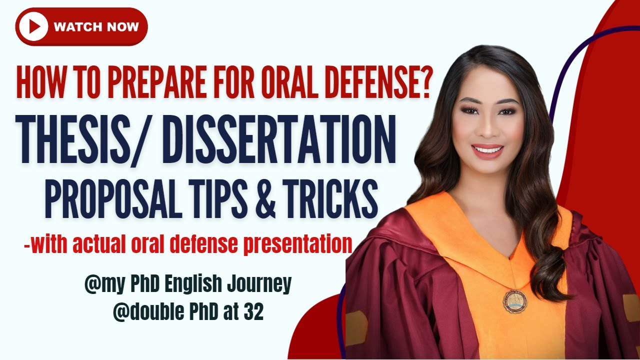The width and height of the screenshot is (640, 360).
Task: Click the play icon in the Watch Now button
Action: [32, 26]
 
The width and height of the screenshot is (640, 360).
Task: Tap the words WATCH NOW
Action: [96, 26]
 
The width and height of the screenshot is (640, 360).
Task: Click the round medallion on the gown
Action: [514, 301]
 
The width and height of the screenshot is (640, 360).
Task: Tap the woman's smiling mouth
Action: [487, 149]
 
